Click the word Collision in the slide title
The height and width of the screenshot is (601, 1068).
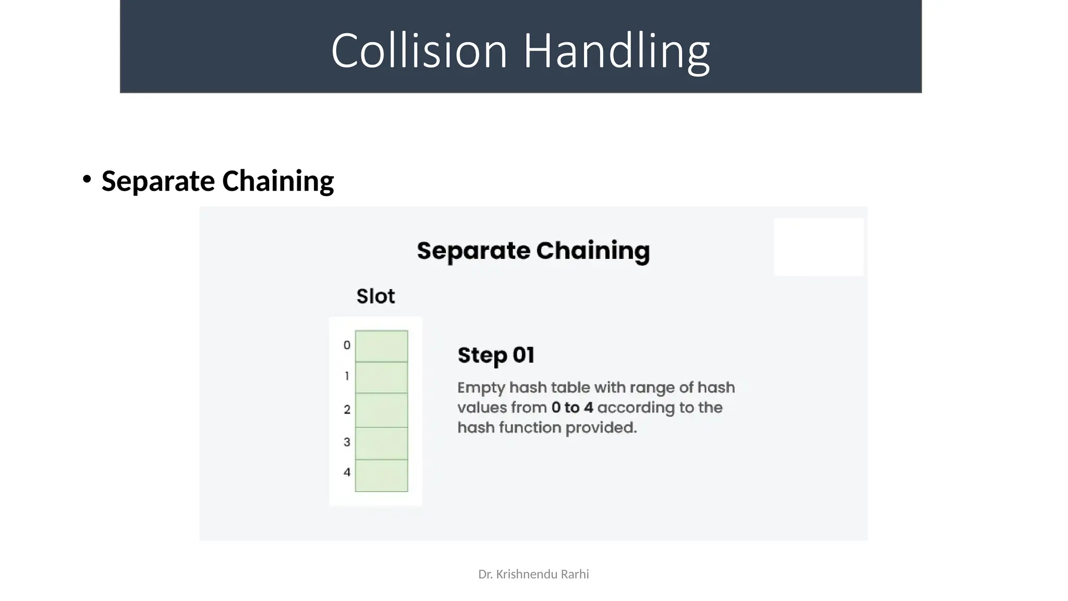point(419,51)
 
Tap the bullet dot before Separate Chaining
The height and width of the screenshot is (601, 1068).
point(87,179)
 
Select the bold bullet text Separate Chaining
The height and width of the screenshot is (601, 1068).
point(217,181)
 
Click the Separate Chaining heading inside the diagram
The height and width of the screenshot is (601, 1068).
point(533,251)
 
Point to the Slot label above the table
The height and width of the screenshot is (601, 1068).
point(375,296)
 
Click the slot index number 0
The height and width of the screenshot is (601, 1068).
point(347,345)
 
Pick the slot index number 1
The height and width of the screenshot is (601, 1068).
point(347,376)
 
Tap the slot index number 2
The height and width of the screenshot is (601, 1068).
point(347,410)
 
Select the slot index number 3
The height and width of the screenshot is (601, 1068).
point(347,442)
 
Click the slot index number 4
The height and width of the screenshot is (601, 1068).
point(347,473)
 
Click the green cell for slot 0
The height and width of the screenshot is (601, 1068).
point(381,346)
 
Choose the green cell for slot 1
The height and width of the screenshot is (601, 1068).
point(381,377)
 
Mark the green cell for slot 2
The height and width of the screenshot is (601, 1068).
point(381,410)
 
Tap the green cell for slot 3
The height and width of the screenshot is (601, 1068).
point(381,443)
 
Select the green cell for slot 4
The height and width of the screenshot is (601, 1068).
point(381,475)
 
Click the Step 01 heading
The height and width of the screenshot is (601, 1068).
point(496,355)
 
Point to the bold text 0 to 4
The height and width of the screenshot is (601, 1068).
point(572,407)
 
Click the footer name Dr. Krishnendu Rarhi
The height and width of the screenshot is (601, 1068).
point(533,574)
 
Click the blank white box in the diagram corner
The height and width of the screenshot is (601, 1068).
point(818,247)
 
